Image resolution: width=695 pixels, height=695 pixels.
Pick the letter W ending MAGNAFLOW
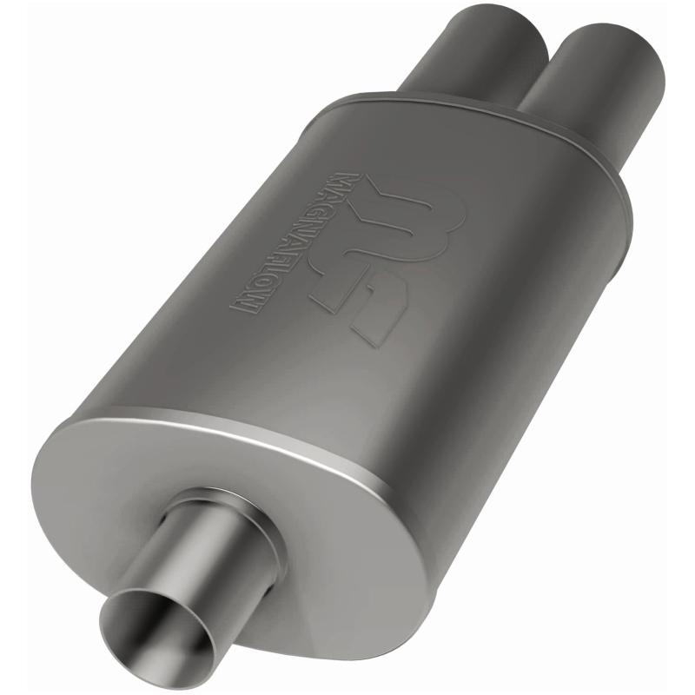coord(244,303)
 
